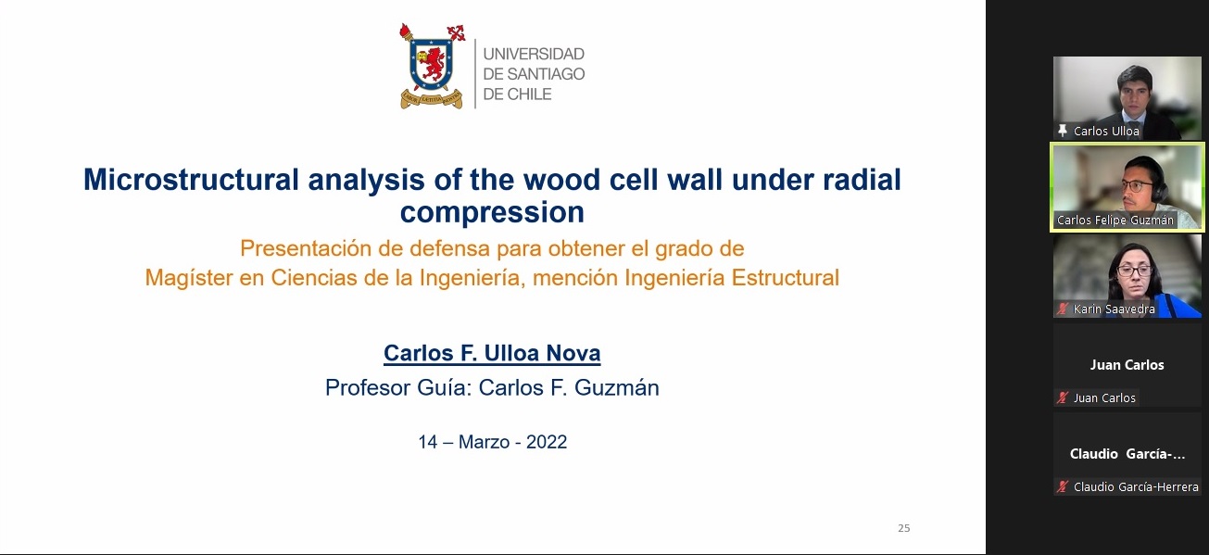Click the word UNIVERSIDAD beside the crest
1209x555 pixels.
[534, 54]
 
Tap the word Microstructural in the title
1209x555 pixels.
[191, 179]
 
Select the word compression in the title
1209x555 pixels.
[492, 212]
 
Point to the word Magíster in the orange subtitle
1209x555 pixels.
[188, 278]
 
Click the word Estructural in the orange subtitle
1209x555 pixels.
[786, 278]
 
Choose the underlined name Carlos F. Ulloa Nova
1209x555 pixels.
[492, 353]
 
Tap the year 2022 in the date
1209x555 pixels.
[547, 442]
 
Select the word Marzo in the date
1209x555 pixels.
[485, 442]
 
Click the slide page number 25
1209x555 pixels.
[904, 528]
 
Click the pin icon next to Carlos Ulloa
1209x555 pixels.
[1063, 131]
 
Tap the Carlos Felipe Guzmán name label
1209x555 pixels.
[1115, 220]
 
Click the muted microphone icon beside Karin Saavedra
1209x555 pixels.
[1063, 309]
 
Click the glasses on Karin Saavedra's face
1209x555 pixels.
[1133, 271]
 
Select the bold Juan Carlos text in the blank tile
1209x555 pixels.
[1127, 365]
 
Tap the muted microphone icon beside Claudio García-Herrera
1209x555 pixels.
[1063, 486]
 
